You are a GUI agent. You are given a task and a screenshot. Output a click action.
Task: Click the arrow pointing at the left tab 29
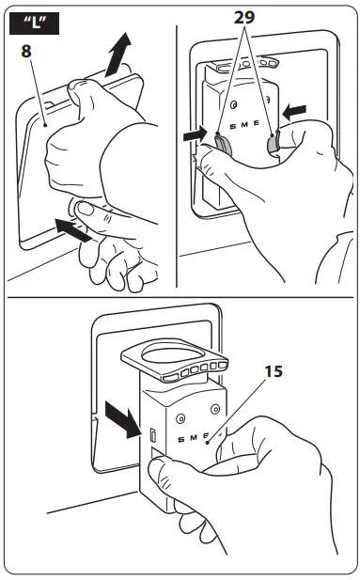(x=196, y=136)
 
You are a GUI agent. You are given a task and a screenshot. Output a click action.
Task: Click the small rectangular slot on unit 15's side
(x=151, y=433)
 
